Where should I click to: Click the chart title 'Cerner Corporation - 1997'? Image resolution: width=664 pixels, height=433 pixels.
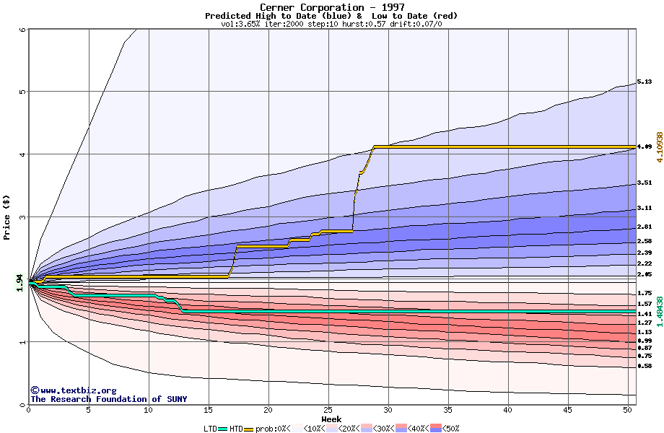pyautogui.click(x=331, y=7)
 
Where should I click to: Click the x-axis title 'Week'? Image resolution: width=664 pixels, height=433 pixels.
pyautogui.click(x=331, y=419)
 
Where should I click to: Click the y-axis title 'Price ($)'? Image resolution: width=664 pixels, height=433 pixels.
pyautogui.click(x=7, y=216)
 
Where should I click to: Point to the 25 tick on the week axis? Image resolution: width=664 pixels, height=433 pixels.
pyautogui.click(x=328, y=410)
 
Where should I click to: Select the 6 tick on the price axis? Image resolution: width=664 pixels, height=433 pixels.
pyautogui.click(x=22, y=30)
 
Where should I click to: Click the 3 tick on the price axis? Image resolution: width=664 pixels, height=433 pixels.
pyautogui.click(x=22, y=217)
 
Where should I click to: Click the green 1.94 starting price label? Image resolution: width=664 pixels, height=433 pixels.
pyautogui.click(x=20, y=284)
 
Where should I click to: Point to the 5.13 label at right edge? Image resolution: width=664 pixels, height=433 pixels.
pyautogui.click(x=645, y=83)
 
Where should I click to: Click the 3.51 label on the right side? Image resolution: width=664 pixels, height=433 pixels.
pyautogui.click(x=645, y=183)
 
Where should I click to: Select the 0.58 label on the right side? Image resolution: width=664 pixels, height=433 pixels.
pyautogui.click(x=645, y=366)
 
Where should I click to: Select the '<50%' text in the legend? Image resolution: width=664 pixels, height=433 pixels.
pyautogui.click(x=450, y=429)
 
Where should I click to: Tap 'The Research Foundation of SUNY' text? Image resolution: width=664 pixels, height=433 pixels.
pyautogui.click(x=108, y=399)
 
